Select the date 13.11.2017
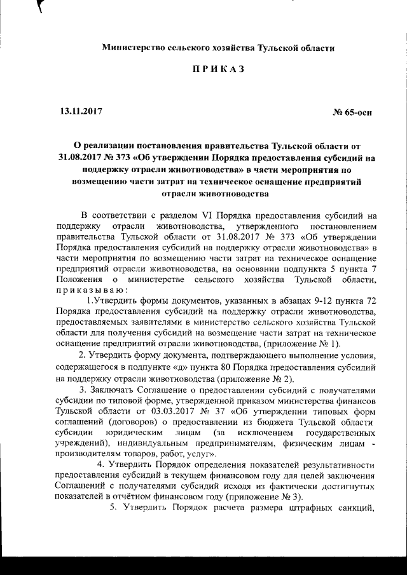[80, 111]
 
